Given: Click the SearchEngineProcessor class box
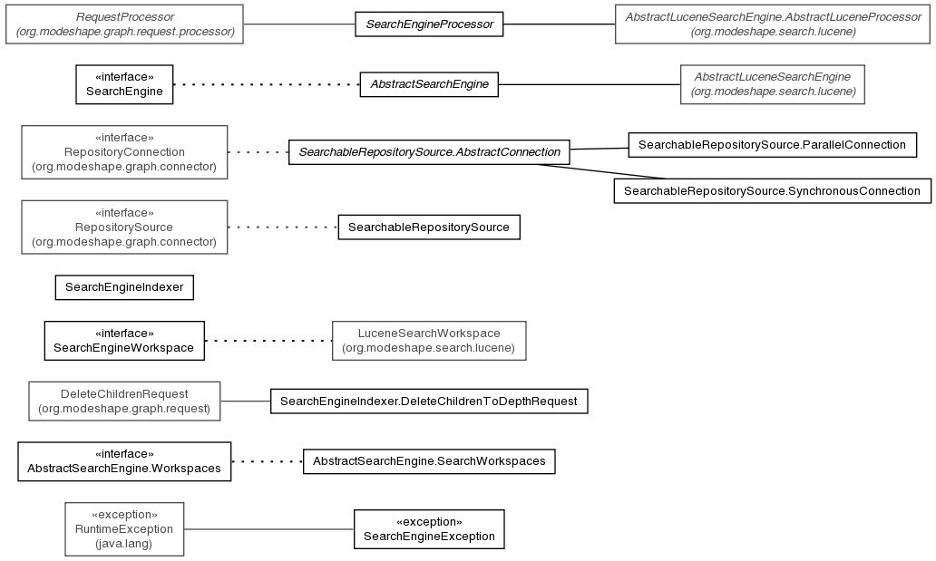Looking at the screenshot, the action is pyautogui.click(x=429, y=24).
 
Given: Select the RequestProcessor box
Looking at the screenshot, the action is pyautogui.click(x=125, y=24).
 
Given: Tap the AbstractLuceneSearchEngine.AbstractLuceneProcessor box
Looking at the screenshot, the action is pyautogui.click(x=773, y=24).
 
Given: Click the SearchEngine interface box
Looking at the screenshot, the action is pyautogui.click(x=124, y=84).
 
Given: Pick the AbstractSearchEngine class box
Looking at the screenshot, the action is pyautogui.click(x=429, y=84).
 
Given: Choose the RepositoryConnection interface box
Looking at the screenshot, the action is pyautogui.click(x=124, y=152).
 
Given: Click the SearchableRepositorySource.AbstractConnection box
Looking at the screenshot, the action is pyautogui.click(x=429, y=152).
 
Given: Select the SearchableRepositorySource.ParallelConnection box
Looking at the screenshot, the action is pyautogui.click(x=773, y=145).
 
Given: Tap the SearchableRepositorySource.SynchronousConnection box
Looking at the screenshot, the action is pyautogui.click(x=773, y=191).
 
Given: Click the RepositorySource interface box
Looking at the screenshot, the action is pyautogui.click(x=124, y=227).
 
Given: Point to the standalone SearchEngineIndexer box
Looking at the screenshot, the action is pyautogui.click(x=124, y=287).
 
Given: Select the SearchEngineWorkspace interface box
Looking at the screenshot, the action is pyautogui.click(x=124, y=341).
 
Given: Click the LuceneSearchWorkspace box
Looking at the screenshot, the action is pyautogui.click(x=429, y=341).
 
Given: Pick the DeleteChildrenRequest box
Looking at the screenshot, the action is pyautogui.click(x=124, y=401).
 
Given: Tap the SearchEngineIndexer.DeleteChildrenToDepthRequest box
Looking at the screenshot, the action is pyautogui.click(x=429, y=401).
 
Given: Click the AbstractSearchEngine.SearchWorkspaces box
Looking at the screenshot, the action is pyautogui.click(x=429, y=461).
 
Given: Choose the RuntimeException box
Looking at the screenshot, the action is pyautogui.click(x=124, y=529).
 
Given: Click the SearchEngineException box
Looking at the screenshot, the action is pyautogui.click(x=429, y=529).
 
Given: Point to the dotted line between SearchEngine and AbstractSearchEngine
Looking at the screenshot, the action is pyautogui.click(x=267, y=84).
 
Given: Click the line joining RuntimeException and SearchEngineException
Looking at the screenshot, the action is pyautogui.click(x=268, y=529).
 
